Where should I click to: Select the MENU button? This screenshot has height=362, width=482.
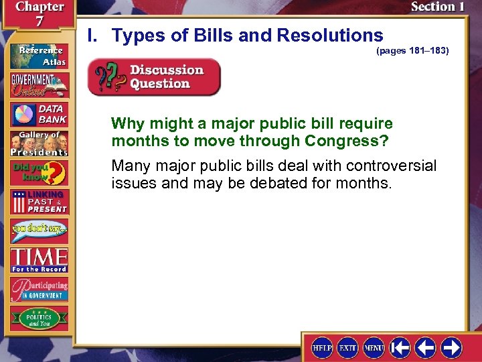[373, 347]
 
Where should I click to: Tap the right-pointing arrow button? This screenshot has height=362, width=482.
[451, 347]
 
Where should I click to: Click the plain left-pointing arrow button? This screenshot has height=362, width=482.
[426, 347]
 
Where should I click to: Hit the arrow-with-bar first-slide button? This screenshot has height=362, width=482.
[400, 347]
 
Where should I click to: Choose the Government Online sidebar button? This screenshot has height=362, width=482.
[38, 84]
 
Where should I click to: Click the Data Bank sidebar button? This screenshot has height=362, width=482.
[38, 114]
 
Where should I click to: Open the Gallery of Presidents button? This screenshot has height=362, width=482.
[38, 143]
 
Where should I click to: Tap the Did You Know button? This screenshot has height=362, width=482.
[38, 172]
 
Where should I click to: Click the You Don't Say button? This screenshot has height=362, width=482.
[38, 231]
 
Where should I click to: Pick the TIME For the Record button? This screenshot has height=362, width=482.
[38, 259]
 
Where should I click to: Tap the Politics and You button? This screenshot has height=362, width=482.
[38, 318]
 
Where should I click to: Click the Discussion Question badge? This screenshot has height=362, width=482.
[154, 77]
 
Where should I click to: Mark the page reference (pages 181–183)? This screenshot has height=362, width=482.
[412, 51]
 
